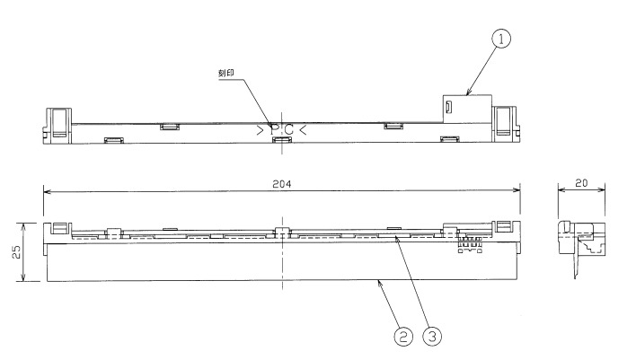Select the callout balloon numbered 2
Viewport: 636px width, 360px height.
(x=404, y=338)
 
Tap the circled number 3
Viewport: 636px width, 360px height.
(x=434, y=338)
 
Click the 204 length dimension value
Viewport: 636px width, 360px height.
(x=282, y=182)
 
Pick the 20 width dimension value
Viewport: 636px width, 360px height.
(x=581, y=182)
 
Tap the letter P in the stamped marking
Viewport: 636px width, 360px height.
(x=275, y=131)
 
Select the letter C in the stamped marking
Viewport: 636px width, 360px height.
(x=288, y=131)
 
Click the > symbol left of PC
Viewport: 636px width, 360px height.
(x=260, y=131)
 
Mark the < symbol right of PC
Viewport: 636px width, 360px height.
(x=303, y=131)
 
